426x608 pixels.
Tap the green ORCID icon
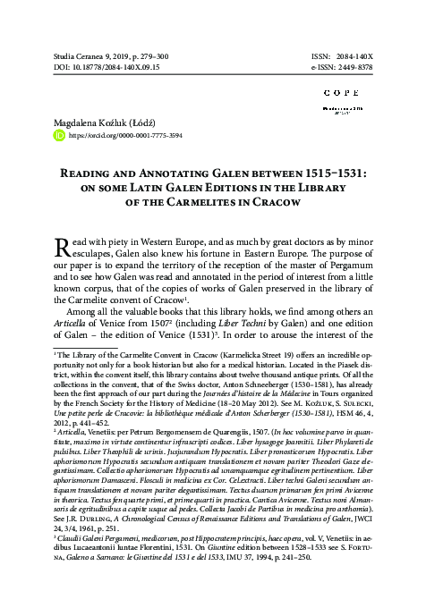[x=61, y=136]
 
